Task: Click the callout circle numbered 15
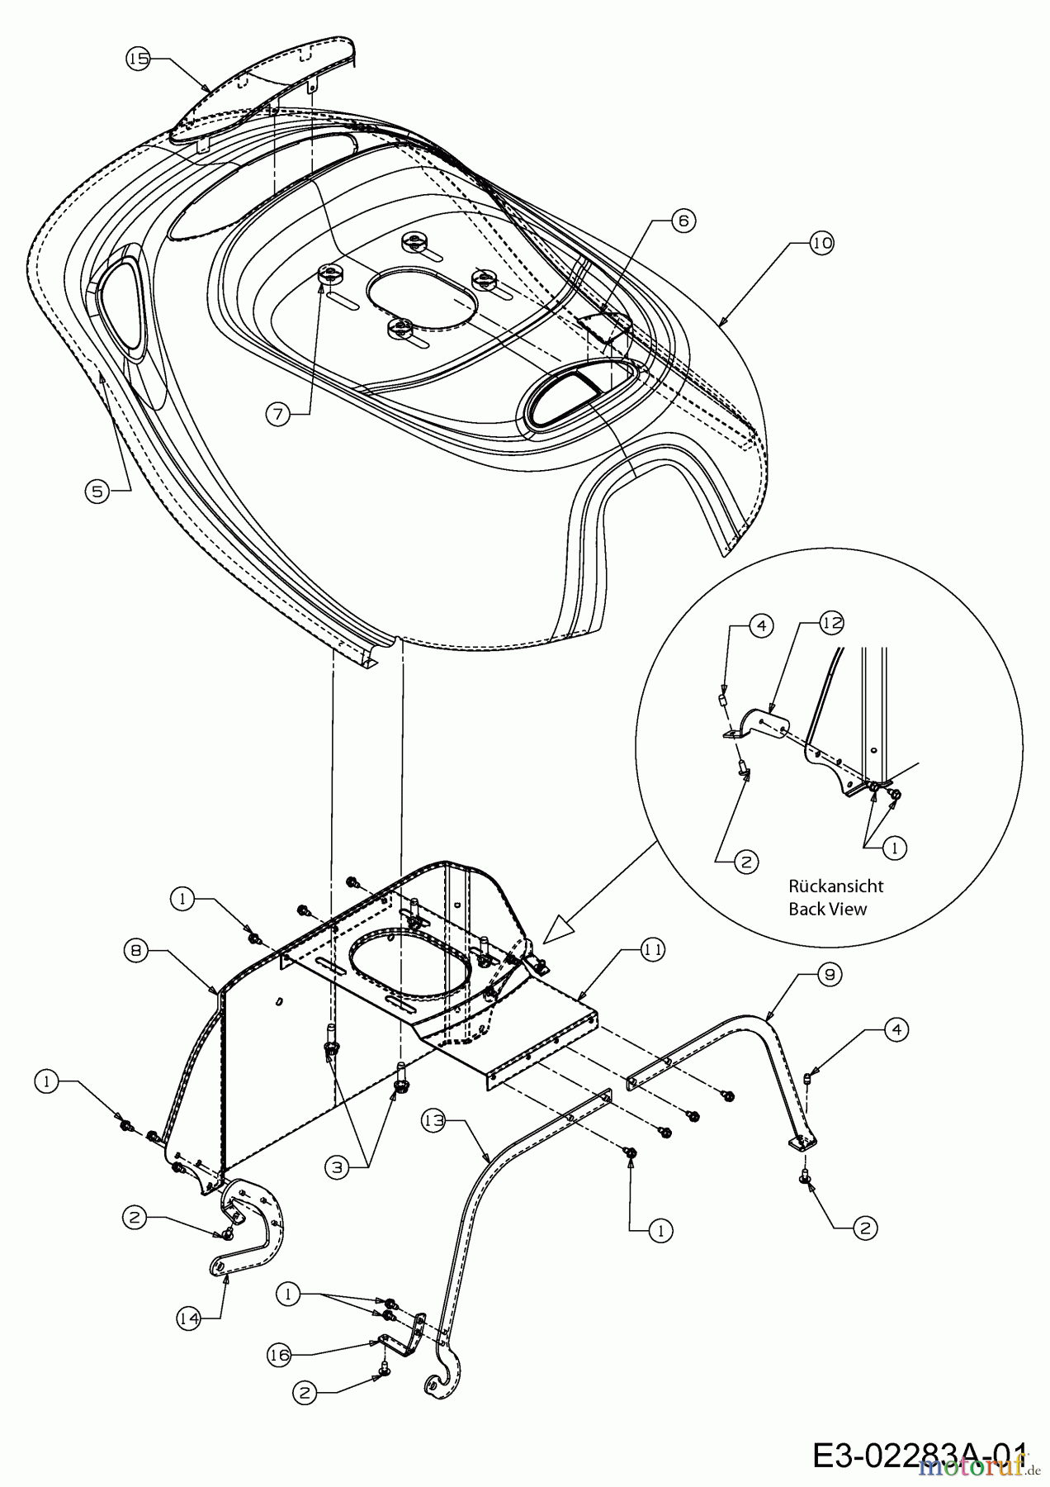click(x=139, y=58)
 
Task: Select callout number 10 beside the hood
click(x=821, y=243)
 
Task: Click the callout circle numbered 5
click(x=97, y=491)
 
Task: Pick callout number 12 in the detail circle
click(x=832, y=624)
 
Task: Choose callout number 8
click(x=138, y=951)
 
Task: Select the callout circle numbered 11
click(x=653, y=951)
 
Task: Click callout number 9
click(x=830, y=975)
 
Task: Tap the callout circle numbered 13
click(x=434, y=1121)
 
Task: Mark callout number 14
click(x=190, y=1319)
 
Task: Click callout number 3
click(x=337, y=1168)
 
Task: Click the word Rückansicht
click(x=835, y=886)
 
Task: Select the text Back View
click(x=827, y=909)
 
